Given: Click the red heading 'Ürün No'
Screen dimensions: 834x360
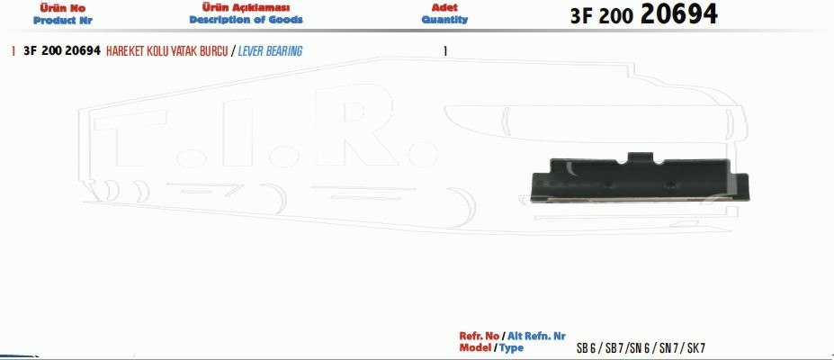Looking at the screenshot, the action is (63, 8).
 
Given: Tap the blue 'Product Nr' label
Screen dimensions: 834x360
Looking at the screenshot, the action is (63, 21).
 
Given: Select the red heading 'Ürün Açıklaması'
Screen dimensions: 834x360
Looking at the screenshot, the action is (246, 7).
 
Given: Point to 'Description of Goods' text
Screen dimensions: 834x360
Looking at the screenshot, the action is (246, 20).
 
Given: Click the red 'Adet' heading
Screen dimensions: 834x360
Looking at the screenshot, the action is (444, 7).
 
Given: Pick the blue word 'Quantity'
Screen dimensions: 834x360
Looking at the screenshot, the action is (444, 20).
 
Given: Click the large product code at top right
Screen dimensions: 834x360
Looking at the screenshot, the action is (643, 14).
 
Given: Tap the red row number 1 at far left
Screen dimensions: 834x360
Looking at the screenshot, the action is (13, 51).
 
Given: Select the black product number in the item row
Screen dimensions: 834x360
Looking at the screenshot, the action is (62, 51).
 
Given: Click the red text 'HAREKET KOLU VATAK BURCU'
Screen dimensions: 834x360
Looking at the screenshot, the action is (167, 51).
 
